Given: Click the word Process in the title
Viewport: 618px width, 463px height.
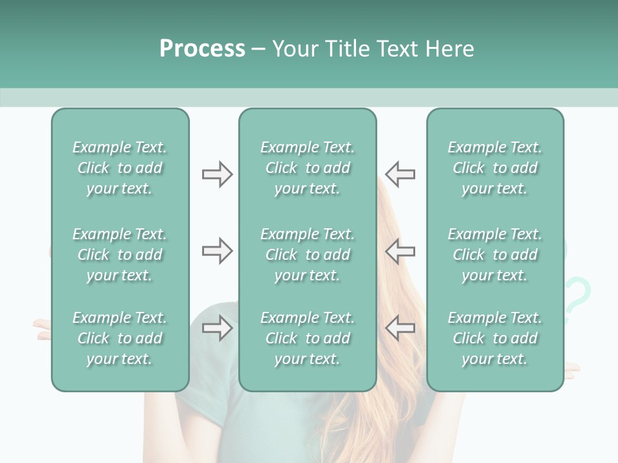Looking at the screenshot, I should (x=202, y=49).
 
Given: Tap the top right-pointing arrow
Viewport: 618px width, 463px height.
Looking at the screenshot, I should (x=217, y=174).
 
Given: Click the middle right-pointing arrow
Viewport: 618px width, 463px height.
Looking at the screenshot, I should (x=217, y=251).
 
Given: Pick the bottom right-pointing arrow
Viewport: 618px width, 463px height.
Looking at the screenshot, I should (x=217, y=328).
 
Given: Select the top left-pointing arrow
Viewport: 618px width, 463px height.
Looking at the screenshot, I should (x=400, y=174).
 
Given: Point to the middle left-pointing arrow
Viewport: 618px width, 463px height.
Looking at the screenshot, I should (x=400, y=251).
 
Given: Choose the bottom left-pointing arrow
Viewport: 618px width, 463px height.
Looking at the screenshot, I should (x=400, y=328).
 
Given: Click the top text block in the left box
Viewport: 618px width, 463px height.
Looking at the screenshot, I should (x=120, y=168).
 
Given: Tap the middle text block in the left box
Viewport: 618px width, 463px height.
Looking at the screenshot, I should (x=120, y=255).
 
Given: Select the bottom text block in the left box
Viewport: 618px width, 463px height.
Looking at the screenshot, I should (x=120, y=338).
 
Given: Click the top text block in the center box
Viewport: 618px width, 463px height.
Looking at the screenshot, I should (x=307, y=168).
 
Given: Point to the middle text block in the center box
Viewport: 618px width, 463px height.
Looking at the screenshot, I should (x=307, y=255).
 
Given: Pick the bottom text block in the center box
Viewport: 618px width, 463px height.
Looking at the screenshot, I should (x=307, y=338).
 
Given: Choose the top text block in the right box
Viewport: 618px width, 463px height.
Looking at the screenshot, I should (x=494, y=168).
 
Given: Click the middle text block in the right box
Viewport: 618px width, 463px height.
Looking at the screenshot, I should (x=494, y=255).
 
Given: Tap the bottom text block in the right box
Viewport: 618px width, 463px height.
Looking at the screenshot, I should (x=494, y=338).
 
